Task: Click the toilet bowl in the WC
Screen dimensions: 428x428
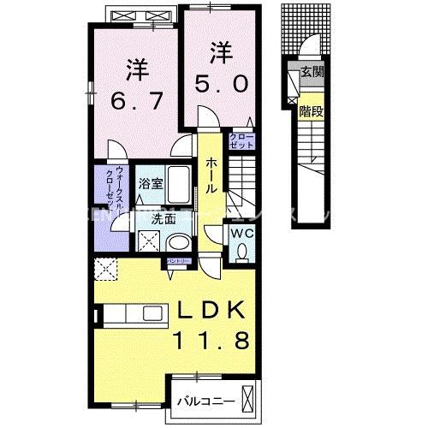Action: (241, 250)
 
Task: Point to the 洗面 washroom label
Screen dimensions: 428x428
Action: (163, 218)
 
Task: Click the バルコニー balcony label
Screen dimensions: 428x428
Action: (202, 400)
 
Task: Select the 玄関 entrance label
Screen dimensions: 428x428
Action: (311, 74)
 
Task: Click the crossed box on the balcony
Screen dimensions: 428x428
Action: (249, 400)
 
